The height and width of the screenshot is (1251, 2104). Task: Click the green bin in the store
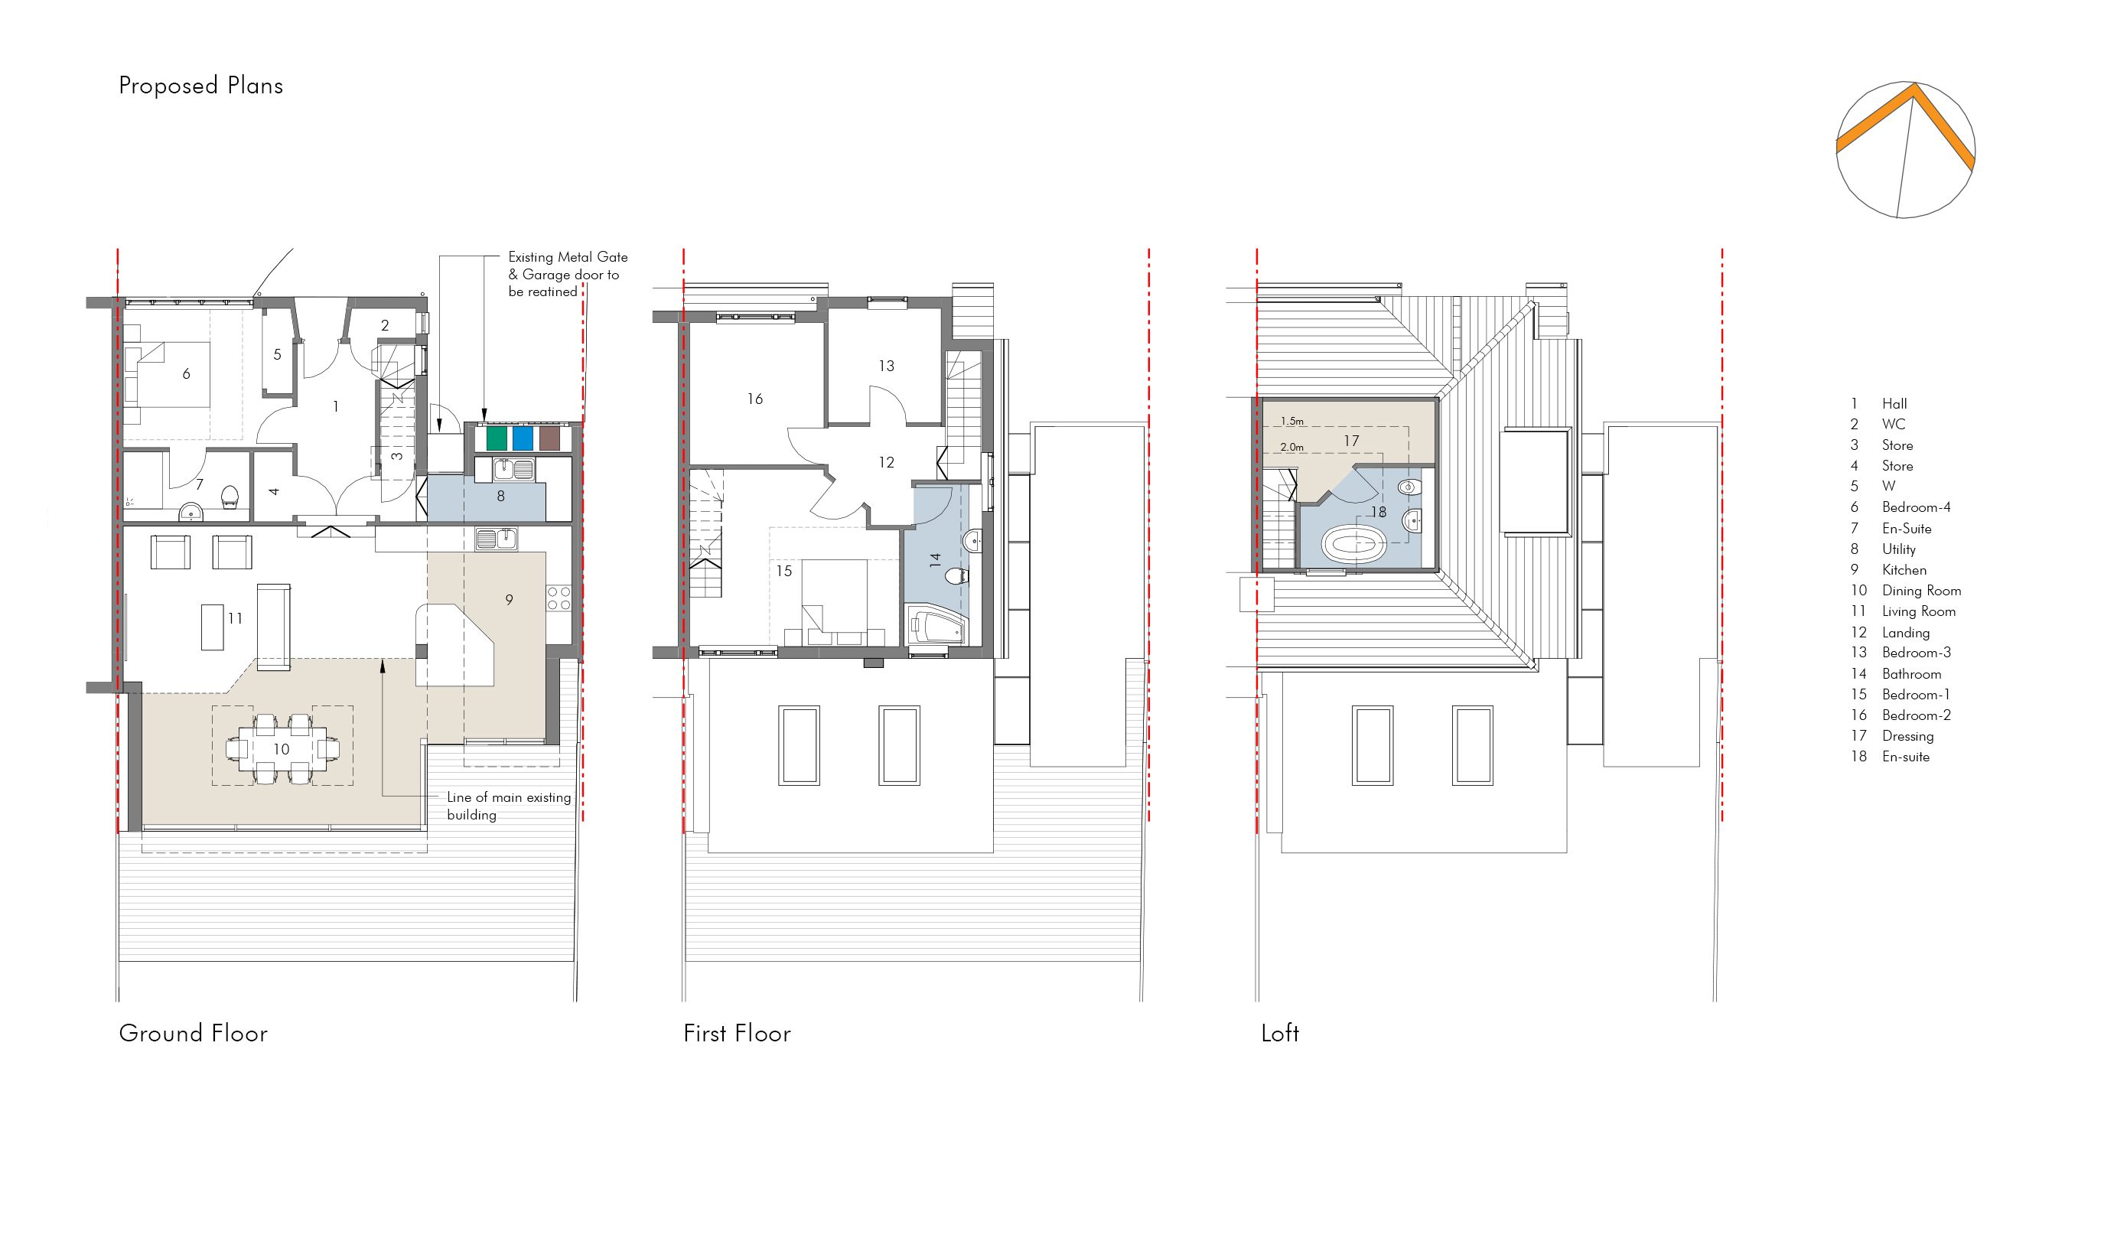pyautogui.click(x=497, y=438)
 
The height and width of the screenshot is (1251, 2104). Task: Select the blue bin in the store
pyautogui.click(x=523, y=438)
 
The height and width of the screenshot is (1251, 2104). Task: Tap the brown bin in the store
pyautogui.click(x=549, y=438)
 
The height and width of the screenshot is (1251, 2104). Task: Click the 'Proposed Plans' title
pyautogui.click(x=200, y=86)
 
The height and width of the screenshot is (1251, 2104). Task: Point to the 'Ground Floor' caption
pyautogui.click(x=193, y=1033)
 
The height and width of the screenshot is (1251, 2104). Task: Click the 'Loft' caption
pyautogui.click(x=1279, y=1033)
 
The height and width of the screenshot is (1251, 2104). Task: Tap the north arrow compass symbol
pyautogui.click(x=1904, y=150)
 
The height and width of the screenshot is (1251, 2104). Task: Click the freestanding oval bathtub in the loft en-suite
pyautogui.click(x=1353, y=545)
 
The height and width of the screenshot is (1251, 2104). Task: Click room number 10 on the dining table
pyautogui.click(x=281, y=748)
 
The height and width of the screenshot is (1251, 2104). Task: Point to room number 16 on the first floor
pyautogui.click(x=754, y=399)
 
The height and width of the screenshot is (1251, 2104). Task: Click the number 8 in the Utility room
pyautogui.click(x=500, y=497)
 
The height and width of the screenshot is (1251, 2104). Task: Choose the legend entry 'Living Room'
pyautogui.click(x=1919, y=611)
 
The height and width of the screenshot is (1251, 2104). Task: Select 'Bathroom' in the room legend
pyautogui.click(x=1911, y=673)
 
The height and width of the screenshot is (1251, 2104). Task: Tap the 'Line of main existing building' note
pyautogui.click(x=509, y=806)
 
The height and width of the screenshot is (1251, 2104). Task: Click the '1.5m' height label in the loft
pyautogui.click(x=1291, y=421)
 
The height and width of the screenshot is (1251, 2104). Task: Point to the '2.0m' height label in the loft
pyautogui.click(x=1291, y=447)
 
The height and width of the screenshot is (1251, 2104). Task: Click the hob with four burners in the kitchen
pyautogui.click(x=559, y=598)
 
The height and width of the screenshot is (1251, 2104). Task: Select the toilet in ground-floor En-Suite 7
pyautogui.click(x=230, y=497)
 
